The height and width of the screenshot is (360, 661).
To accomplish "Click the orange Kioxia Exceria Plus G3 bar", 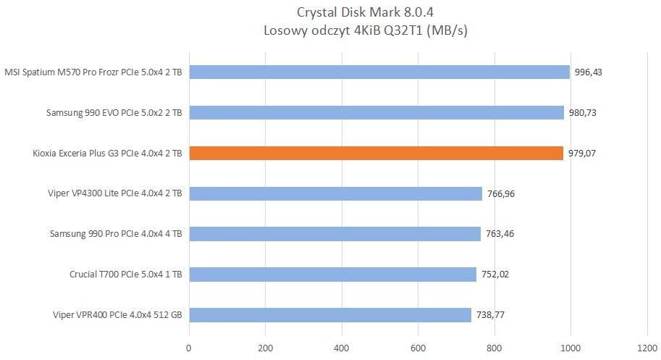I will click(x=376, y=153).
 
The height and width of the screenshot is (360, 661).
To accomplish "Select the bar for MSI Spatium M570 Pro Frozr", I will click(x=379, y=72).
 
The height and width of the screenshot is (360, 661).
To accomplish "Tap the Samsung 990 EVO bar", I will click(x=376, y=112).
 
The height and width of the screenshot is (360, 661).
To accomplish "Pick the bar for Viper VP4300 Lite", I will click(x=335, y=193).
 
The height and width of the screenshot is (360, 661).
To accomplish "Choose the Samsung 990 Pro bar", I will click(x=334, y=234).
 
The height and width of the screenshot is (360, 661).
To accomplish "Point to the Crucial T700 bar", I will click(x=332, y=275).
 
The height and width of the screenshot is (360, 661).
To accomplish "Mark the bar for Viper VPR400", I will click(x=330, y=315).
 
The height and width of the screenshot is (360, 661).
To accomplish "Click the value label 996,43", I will click(x=588, y=72).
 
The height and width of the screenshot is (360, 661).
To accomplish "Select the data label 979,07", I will click(x=582, y=153).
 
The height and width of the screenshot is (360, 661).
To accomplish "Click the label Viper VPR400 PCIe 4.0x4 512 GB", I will click(x=117, y=315).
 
